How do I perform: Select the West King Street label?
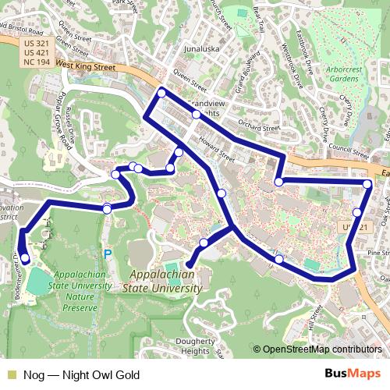tap(85, 69)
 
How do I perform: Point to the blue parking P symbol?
tap(108, 253)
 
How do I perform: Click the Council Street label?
tap(348, 145)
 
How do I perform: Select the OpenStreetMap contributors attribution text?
tap(321, 350)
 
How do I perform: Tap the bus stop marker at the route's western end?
tap(25, 258)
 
